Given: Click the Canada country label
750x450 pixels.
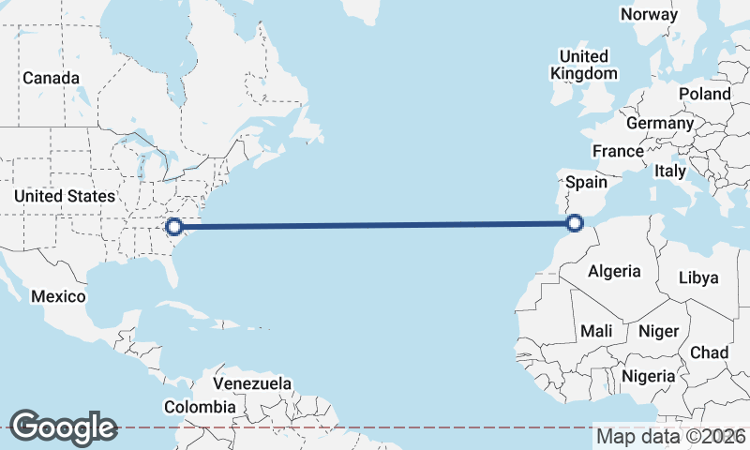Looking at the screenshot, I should click(51, 78).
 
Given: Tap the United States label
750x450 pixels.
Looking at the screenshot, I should click(65, 196).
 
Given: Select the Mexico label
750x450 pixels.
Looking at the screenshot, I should click(58, 296).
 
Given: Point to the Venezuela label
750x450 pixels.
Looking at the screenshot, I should click(252, 384).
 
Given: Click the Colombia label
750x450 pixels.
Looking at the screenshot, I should click(200, 407).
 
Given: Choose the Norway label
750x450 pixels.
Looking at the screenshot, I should click(649, 14).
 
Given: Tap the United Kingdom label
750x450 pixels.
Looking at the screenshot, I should click(584, 65).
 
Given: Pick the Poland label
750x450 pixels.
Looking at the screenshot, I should click(704, 94).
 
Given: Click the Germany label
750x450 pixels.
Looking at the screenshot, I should click(660, 123).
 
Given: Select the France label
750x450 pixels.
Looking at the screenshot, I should click(618, 151).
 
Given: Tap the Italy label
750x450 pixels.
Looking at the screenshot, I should click(670, 171).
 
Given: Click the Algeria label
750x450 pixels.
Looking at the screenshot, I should click(614, 272).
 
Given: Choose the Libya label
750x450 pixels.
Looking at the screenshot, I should click(697, 277).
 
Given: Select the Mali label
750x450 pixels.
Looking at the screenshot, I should click(596, 331).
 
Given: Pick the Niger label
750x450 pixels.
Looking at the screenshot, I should click(657, 331).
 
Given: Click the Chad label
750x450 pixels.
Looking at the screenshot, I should click(709, 352).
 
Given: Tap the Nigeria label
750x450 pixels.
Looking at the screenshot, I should click(649, 376).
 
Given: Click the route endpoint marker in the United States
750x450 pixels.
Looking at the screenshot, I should click(173, 225).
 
